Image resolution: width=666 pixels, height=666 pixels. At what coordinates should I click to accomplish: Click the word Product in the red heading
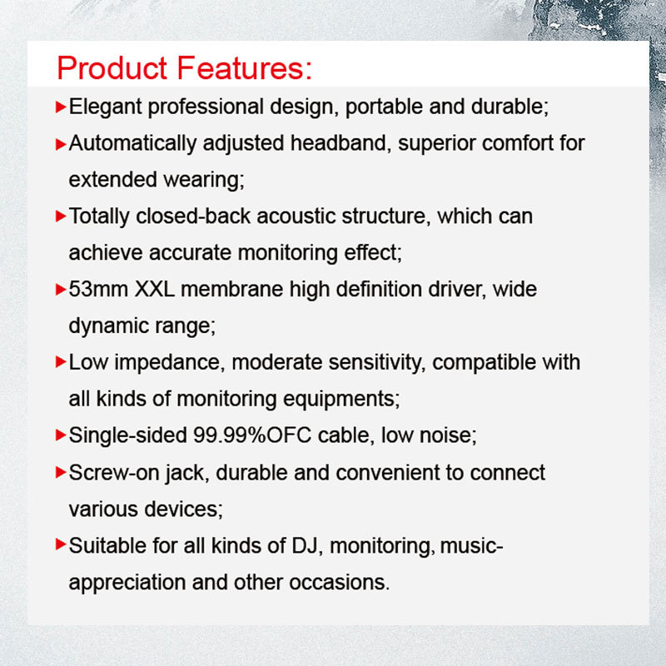(112, 68)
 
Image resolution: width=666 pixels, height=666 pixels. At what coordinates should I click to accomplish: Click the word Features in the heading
(244, 68)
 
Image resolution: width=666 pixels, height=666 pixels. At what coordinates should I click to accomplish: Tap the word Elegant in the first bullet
(106, 107)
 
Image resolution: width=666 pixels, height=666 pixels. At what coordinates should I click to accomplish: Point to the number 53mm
(98, 289)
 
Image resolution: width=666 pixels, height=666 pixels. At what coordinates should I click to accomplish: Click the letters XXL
(155, 289)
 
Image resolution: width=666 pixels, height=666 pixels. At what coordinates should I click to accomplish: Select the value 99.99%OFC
(252, 435)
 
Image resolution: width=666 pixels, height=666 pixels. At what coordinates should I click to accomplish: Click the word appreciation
(127, 583)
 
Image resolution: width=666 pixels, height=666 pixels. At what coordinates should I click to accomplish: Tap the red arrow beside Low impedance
(61, 362)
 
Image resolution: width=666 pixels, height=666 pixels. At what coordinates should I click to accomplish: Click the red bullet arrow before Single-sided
(61, 435)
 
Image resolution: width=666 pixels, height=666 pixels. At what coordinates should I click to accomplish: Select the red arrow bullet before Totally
(61, 216)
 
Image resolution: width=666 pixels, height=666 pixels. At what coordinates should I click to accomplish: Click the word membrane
(232, 289)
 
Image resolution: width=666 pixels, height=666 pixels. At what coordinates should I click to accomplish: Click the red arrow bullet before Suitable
(61, 544)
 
